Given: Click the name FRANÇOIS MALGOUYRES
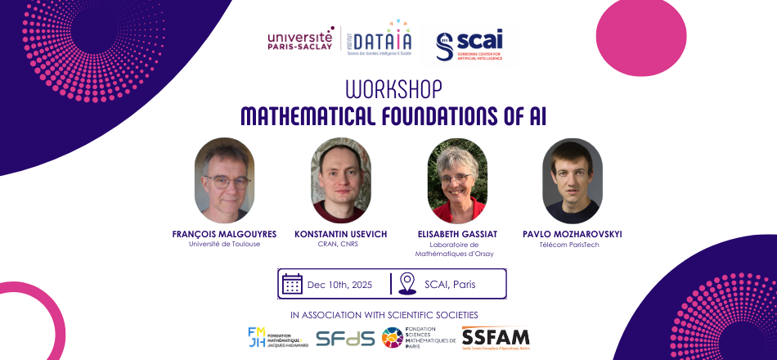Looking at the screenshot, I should [224, 234].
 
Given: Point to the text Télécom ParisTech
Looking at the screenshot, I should [572, 244].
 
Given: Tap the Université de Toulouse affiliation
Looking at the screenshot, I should [224, 244].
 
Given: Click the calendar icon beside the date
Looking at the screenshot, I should [292, 284].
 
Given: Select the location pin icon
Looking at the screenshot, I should [407, 284].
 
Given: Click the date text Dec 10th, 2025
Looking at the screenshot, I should [341, 285].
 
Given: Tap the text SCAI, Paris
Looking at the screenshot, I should [450, 285].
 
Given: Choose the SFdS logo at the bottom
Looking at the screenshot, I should [344, 338].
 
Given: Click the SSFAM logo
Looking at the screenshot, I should [496, 337].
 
